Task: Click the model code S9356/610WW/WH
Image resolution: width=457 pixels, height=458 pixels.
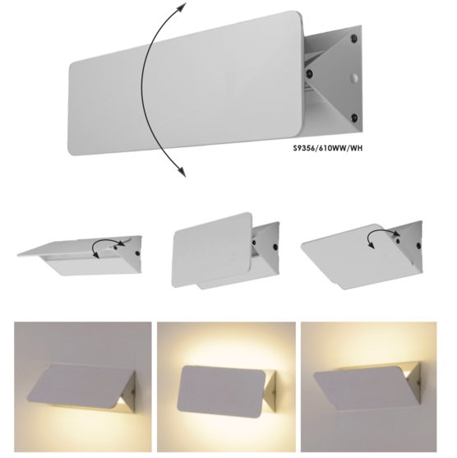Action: point(328,148)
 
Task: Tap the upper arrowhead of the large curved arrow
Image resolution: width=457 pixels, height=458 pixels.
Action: point(182,7)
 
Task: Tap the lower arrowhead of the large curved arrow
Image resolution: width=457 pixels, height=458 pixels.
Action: point(182,172)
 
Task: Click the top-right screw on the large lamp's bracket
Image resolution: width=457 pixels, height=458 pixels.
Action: point(354,38)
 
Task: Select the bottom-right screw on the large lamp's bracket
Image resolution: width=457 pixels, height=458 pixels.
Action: point(354,118)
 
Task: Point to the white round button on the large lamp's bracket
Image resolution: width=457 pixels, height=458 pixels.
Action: point(354,77)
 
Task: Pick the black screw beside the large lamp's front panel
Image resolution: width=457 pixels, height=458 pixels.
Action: point(310,73)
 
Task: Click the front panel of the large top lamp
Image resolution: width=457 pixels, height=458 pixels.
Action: point(187,83)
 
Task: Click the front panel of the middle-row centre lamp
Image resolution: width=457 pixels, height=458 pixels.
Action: point(212,250)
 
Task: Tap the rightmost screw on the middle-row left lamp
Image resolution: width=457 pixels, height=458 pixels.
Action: point(137,252)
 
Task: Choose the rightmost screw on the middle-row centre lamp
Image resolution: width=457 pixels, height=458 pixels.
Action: point(275,246)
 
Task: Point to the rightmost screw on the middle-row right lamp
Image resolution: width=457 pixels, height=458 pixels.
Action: point(418,245)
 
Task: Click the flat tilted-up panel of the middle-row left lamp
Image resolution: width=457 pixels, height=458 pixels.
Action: point(79,245)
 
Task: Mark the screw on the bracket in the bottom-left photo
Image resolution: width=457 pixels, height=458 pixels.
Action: point(133,391)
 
